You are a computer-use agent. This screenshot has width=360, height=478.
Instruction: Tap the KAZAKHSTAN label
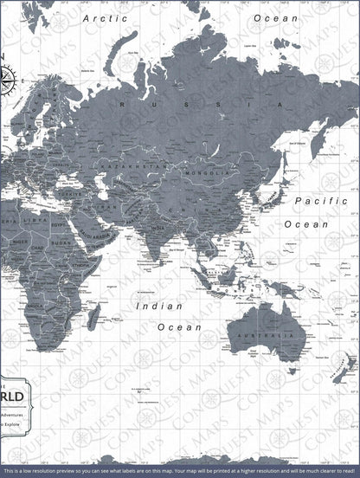point(121,164)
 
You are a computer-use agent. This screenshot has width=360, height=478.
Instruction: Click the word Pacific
point(319,201)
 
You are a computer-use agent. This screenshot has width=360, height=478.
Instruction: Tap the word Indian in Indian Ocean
point(158,306)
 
